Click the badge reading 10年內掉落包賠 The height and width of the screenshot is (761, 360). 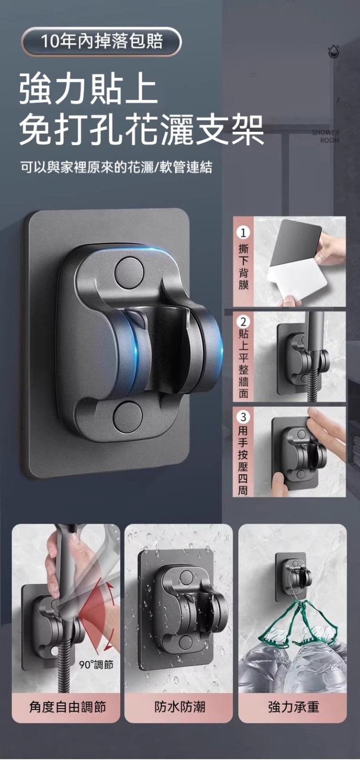pos(101,41)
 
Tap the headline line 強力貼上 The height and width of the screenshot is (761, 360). pos(88,90)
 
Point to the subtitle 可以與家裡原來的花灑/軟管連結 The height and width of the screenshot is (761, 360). pos(116,167)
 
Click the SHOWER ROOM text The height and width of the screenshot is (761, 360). pos(325,136)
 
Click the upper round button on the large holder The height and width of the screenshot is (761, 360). pos(128,272)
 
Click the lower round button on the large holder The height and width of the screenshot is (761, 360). pos(128,416)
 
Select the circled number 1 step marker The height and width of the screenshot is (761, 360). pos(243,233)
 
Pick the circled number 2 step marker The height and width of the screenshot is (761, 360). pos(243,322)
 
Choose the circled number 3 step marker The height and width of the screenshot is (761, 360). pos(243,417)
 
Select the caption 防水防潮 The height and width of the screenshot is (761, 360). pos(180,707)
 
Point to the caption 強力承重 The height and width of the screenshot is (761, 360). pos(293,707)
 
